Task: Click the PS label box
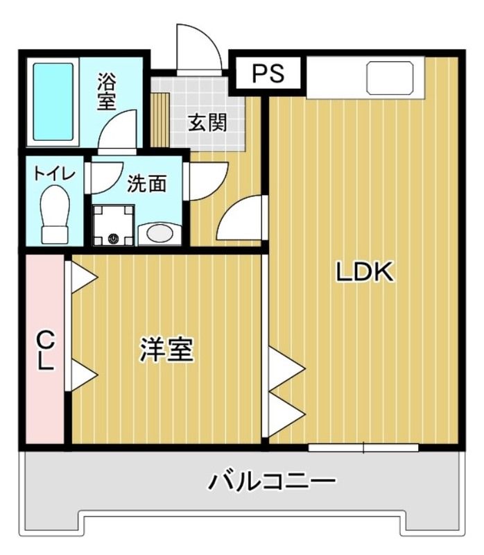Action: [x=268, y=74]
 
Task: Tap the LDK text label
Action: [x=365, y=273]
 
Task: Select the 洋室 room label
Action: [x=166, y=350]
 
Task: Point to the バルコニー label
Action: [x=273, y=480]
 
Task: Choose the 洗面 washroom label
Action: [x=147, y=183]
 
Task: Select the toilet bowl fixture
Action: [x=55, y=214]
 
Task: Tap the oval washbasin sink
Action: [x=159, y=233]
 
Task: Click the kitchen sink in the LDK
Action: [x=390, y=76]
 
